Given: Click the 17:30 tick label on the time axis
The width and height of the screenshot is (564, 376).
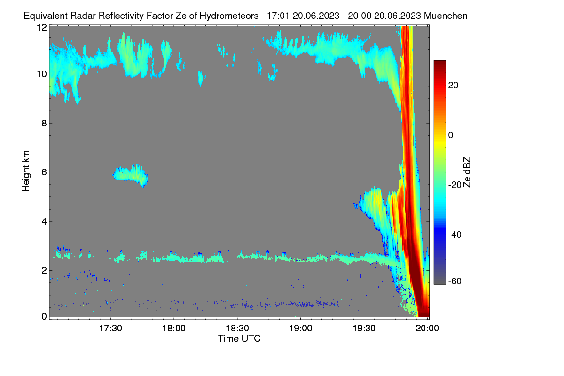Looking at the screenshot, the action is [x=110, y=329].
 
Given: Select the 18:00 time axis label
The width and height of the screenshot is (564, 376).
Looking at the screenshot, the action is [x=174, y=329].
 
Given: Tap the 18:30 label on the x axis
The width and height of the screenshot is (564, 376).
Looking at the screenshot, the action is [x=237, y=329].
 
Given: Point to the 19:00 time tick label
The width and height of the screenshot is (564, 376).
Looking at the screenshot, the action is [x=301, y=329].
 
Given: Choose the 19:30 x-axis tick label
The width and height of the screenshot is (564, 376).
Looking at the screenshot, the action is [x=364, y=329].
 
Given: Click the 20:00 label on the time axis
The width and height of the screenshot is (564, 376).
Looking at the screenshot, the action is [x=427, y=329].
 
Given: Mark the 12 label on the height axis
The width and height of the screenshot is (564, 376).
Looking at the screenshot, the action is [x=42, y=27].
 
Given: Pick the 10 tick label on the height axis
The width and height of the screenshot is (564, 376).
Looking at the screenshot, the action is [x=42, y=74].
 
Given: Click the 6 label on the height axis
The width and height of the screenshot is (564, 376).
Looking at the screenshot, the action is [x=44, y=172].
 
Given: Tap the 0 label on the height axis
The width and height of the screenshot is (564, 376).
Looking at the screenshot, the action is [x=44, y=316].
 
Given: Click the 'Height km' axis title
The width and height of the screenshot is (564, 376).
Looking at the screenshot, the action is [x=26, y=171].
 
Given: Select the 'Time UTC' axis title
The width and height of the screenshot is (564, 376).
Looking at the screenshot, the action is [x=239, y=338].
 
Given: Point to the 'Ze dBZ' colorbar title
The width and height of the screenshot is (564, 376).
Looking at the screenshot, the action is [x=467, y=172].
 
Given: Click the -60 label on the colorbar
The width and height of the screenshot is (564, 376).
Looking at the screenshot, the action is [x=455, y=282].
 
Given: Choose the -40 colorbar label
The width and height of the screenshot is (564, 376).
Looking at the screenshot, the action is [x=455, y=235].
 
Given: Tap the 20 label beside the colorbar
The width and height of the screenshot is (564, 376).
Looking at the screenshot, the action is [x=453, y=86].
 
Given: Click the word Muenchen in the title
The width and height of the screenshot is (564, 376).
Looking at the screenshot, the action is [x=446, y=16].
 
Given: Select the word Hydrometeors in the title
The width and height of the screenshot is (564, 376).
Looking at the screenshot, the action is [x=229, y=16].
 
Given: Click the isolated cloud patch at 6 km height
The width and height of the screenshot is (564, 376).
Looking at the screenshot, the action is [x=131, y=174].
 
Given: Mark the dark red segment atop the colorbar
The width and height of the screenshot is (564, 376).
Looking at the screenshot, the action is [x=439, y=66].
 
